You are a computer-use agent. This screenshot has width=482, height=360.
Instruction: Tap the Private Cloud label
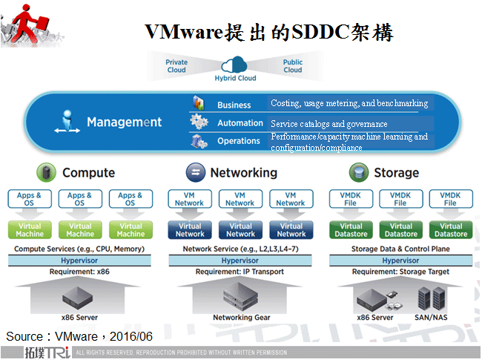tap(176, 66)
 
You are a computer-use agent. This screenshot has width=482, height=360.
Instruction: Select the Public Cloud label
tap(293, 66)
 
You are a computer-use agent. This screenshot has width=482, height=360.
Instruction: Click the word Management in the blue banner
tap(124, 122)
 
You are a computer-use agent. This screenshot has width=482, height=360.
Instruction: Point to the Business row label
tap(234, 105)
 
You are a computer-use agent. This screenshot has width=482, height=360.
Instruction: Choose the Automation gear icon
tap(199, 122)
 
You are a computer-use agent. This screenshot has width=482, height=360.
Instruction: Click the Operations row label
tap(238, 141)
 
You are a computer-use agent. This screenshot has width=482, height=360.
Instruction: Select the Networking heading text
tap(243, 173)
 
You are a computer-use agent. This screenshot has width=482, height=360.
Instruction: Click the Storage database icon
tap(359, 173)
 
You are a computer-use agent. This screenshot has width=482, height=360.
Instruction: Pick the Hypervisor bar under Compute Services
tap(79, 261)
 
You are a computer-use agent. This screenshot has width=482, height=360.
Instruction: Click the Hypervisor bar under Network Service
tap(240, 261)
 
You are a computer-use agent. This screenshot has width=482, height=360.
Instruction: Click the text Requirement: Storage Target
tap(400, 272)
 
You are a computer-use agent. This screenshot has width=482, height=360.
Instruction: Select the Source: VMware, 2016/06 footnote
tap(79, 336)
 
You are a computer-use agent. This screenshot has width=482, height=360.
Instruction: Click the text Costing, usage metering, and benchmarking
tap(349, 103)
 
